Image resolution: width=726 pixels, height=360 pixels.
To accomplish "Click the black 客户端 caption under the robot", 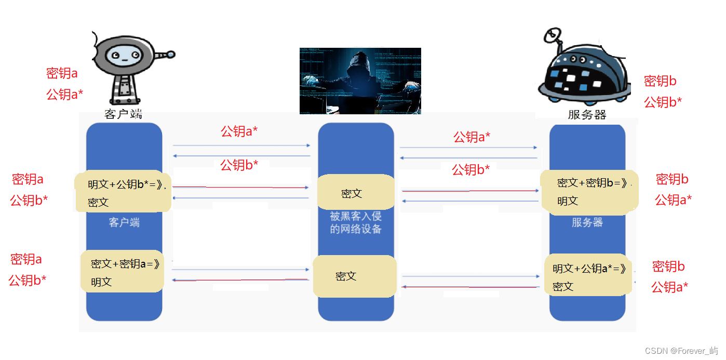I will [x=123, y=114].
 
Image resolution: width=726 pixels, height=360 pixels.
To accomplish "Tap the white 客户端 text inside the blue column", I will [x=124, y=222].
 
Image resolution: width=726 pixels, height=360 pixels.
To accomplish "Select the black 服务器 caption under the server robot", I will [x=587, y=115].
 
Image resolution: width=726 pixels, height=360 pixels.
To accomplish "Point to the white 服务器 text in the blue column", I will [x=587, y=222].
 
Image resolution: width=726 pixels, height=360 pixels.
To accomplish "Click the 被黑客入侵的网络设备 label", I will [x=356, y=222].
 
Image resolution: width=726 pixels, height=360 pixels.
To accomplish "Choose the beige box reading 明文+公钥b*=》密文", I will [x=123, y=193].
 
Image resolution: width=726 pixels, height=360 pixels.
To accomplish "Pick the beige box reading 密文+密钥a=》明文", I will [x=123, y=272].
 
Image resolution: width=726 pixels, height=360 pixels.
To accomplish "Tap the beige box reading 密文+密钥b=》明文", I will [x=589, y=192].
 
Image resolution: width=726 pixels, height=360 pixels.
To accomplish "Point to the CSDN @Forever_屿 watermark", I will [x=681, y=351].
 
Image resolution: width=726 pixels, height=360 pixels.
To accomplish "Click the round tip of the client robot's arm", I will [x=171, y=54].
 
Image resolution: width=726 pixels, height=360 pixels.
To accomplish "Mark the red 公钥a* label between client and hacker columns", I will [x=239, y=131].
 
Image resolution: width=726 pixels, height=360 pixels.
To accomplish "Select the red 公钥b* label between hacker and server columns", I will [x=471, y=169].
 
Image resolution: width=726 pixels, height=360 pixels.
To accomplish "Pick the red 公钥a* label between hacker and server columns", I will [x=472, y=137].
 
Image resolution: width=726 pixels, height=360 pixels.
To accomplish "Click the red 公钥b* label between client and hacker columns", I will [x=239, y=165].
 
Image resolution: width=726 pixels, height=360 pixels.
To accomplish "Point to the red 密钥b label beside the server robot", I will [x=660, y=81].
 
